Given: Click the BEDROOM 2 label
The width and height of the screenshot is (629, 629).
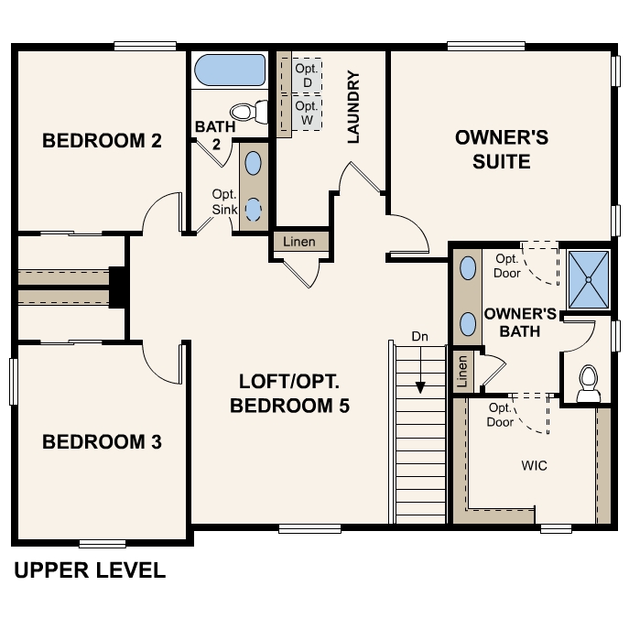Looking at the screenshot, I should pyautogui.click(x=103, y=141).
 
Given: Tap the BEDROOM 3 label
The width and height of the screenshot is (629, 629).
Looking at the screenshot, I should pyautogui.click(x=103, y=442).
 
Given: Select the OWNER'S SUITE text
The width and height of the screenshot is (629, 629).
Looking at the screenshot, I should pyautogui.click(x=502, y=150).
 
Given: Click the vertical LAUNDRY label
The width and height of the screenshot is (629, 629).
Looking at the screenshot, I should pyautogui.click(x=354, y=108).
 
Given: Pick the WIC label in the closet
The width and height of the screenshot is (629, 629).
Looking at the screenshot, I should pyautogui.click(x=535, y=466).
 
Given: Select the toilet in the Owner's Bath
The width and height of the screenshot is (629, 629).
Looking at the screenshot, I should pyautogui.click(x=589, y=384).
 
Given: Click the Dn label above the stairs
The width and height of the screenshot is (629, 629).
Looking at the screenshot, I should pyautogui.click(x=419, y=337).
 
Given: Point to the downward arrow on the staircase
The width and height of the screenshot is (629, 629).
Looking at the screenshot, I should pyautogui.click(x=419, y=375).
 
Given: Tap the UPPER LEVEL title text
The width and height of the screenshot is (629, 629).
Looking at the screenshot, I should pyautogui.click(x=90, y=571).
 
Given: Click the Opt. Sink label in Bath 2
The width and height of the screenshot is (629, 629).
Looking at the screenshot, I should pyautogui.click(x=224, y=201).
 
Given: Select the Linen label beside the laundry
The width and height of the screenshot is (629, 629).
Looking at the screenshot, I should pyautogui.click(x=299, y=243).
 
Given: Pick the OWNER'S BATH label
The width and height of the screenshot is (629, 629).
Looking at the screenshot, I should pyautogui.click(x=520, y=321).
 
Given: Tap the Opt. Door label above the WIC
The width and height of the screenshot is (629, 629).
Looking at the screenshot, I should pyautogui.click(x=501, y=415).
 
